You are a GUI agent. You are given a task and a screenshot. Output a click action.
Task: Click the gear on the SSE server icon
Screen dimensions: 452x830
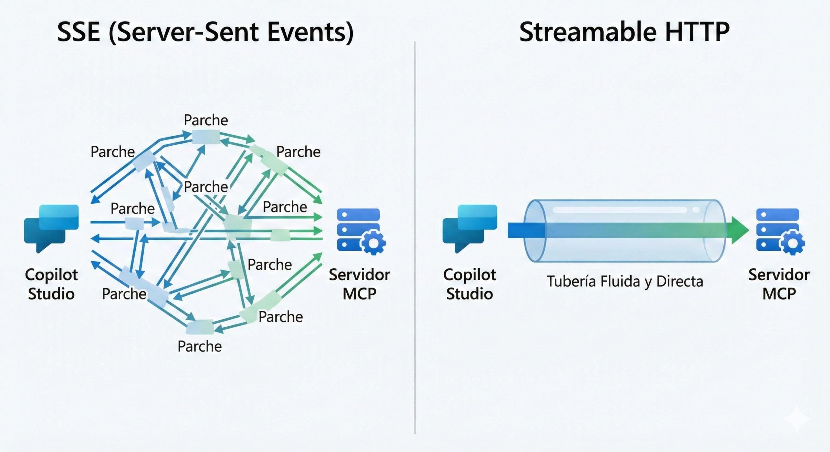pyautogui.click(x=373, y=243)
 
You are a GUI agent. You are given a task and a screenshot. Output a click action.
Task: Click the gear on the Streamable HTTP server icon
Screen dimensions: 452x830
pyautogui.click(x=792, y=243)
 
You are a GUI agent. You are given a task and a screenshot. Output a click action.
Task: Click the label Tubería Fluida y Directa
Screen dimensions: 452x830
pyautogui.click(x=625, y=281)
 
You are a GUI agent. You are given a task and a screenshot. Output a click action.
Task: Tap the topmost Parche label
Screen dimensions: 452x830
pyautogui.click(x=206, y=120)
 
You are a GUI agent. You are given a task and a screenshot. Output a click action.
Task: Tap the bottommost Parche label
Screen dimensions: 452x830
pyautogui.click(x=200, y=346)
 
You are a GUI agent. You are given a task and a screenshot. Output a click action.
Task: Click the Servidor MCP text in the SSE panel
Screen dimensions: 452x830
pyautogui.click(x=359, y=284)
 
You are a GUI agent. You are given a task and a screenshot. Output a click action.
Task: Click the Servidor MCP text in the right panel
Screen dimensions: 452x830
pyautogui.click(x=779, y=284)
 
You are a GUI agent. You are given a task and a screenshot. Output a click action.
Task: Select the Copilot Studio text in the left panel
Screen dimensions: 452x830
pyautogui.click(x=51, y=284)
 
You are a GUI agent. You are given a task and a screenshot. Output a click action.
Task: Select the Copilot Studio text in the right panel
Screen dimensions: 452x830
pyautogui.click(x=469, y=284)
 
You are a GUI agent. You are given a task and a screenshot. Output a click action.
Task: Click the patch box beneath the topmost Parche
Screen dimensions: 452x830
pyautogui.click(x=206, y=137)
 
